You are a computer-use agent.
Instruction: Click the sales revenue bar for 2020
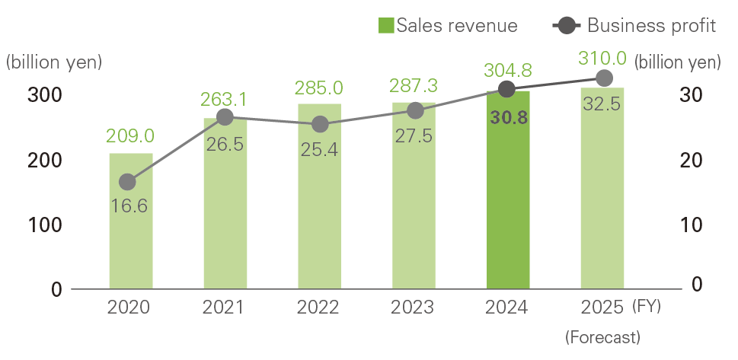[130, 221]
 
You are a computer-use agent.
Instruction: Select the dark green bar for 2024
[508, 190]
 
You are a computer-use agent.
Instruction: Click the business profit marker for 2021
[225, 116]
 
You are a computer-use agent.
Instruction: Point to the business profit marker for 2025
[603, 78]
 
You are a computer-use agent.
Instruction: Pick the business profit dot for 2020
[127, 182]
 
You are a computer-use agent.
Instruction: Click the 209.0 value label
[131, 135]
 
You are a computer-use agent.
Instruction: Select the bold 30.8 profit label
[508, 119]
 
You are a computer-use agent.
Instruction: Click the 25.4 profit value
[319, 150]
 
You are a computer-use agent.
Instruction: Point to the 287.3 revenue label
[414, 84]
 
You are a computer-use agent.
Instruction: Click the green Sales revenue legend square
[385, 25]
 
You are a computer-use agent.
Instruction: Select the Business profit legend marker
[566, 25]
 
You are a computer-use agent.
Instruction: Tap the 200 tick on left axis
[45, 161]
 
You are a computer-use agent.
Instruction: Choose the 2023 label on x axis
[414, 308]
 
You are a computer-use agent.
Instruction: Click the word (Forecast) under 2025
[602, 336]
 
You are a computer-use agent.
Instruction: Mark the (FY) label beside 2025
[647, 307]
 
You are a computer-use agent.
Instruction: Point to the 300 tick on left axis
[45, 96]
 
